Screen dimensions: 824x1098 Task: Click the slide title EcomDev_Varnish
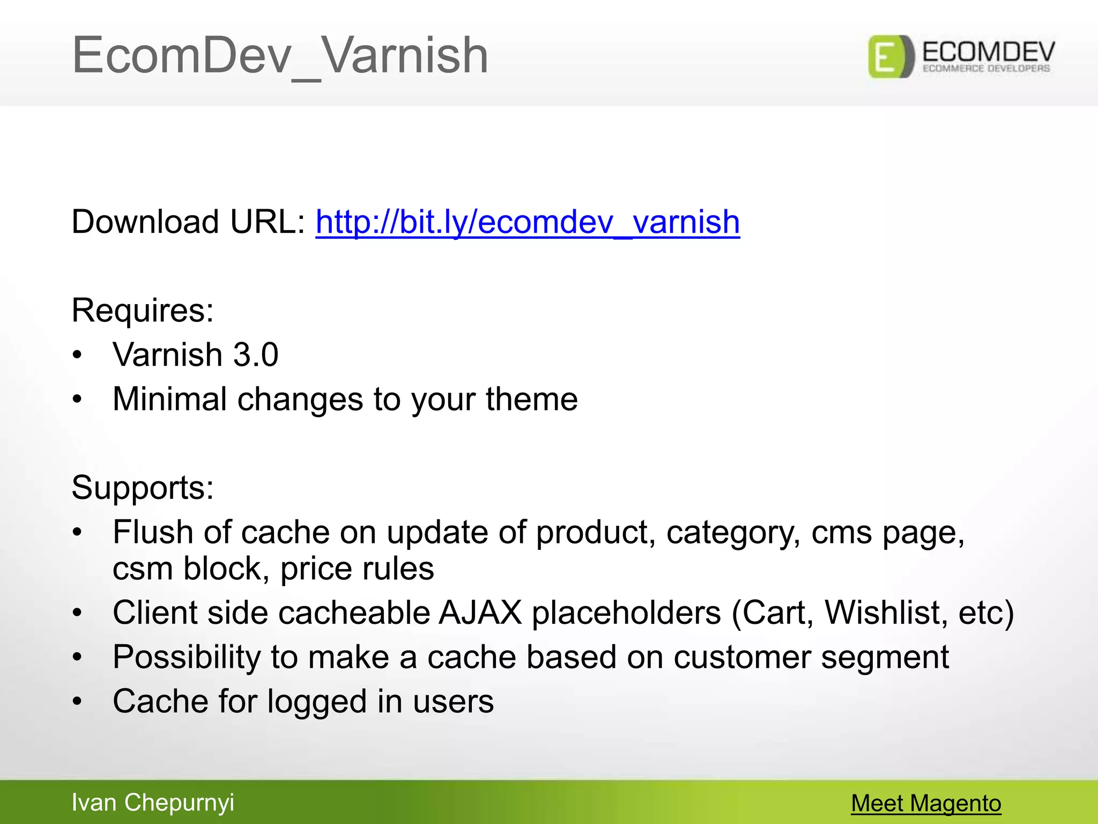(x=280, y=55)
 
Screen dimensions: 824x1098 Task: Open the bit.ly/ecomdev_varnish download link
(x=528, y=222)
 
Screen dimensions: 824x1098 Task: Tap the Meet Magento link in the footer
(x=926, y=803)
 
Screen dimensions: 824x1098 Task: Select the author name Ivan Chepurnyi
(x=153, y=803)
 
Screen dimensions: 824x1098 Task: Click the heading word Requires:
(x=143, y=310)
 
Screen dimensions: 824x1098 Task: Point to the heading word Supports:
(x=143, y=488)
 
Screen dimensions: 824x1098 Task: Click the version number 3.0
(x=256, y=355)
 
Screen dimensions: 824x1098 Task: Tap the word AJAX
(x=480, y=613)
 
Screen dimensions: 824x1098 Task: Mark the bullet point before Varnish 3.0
(x=78, y=355)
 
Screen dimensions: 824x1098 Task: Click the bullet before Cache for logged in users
(x=78, y=702)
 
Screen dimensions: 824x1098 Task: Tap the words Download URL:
(x=188, y=222)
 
